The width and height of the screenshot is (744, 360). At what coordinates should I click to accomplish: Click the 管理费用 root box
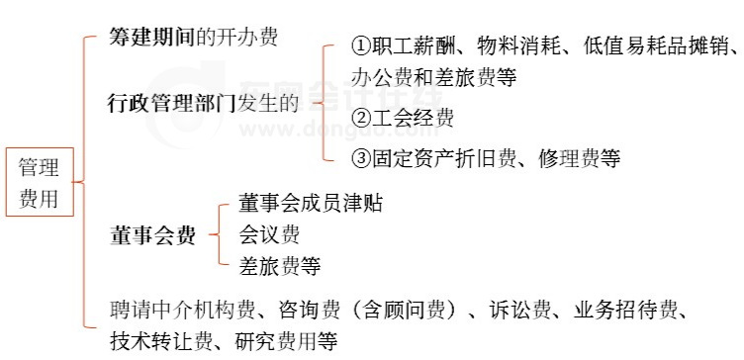[x=39, y=184]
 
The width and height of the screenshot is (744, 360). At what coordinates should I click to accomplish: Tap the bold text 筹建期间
[x=152, y=38]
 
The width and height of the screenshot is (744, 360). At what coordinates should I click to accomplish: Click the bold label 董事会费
[x=151, y=236]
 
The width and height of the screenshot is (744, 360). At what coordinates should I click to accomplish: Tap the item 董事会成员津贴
[x=311, y=204]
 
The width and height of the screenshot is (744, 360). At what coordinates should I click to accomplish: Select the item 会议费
[x=269, y=235]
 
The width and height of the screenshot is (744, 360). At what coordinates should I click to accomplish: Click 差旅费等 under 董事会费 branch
[x=280, y=266]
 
